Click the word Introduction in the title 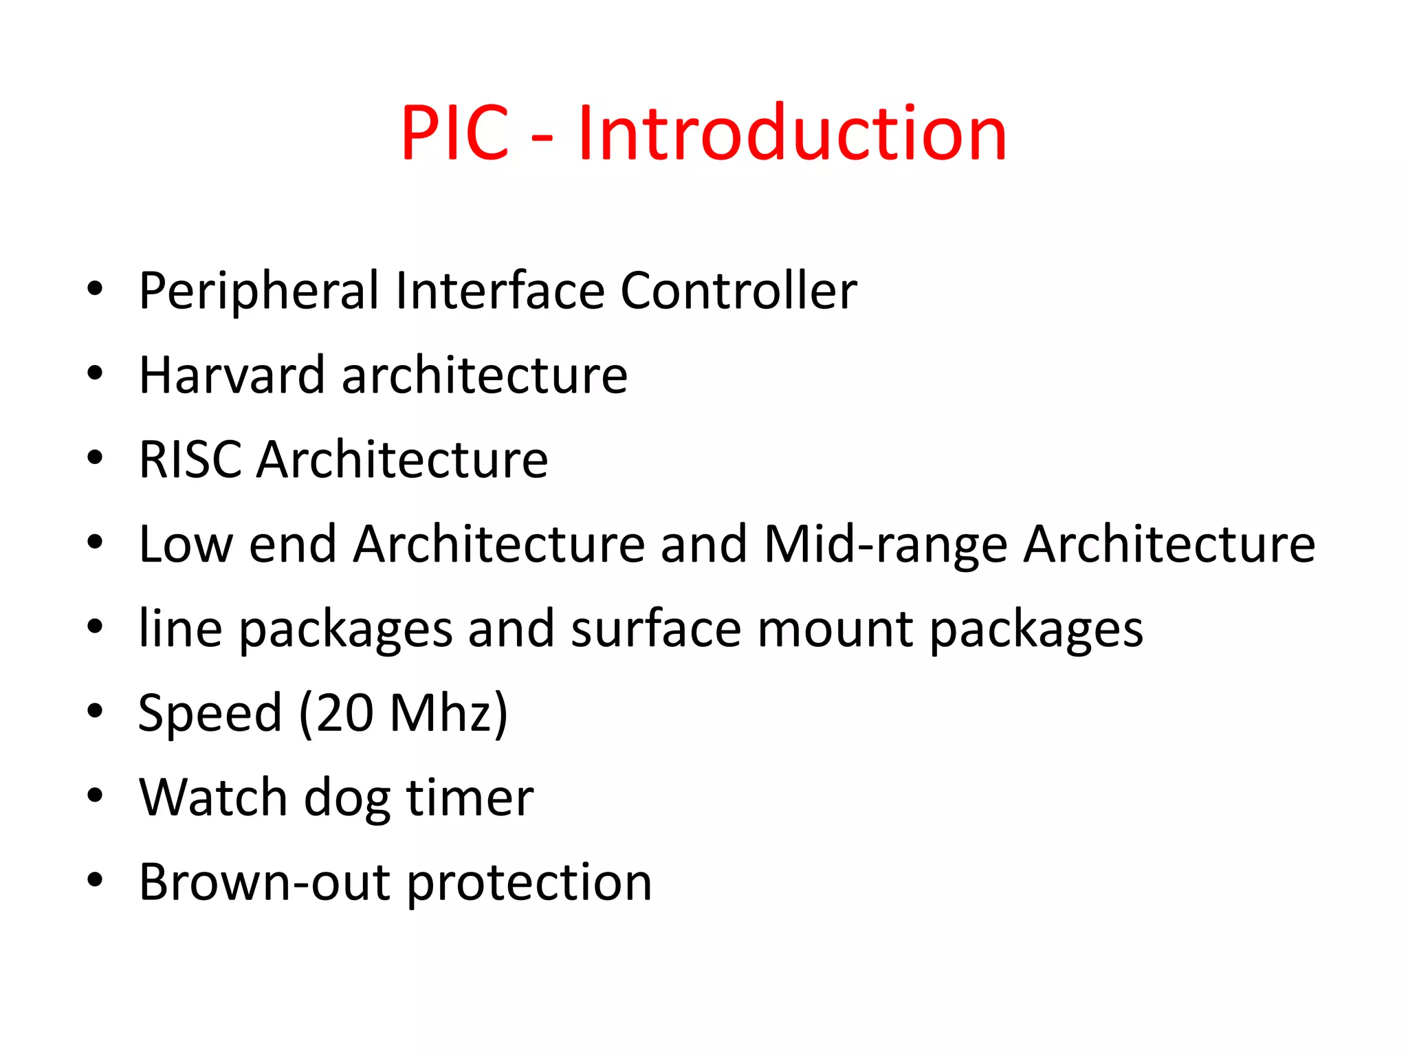pos(792,133)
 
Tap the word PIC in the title pos(454,133)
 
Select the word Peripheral pos(259,291)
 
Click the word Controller pos(738,291)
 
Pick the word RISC pos(190,460)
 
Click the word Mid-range pos(886,544)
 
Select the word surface pos(656,629)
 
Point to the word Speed pos(210,714)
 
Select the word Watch pos(213,798)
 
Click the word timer pos(470,798)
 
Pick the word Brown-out pos(265,883)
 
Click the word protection pos(529,883)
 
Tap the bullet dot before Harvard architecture pos(95,374)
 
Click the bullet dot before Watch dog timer pos(95,796)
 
